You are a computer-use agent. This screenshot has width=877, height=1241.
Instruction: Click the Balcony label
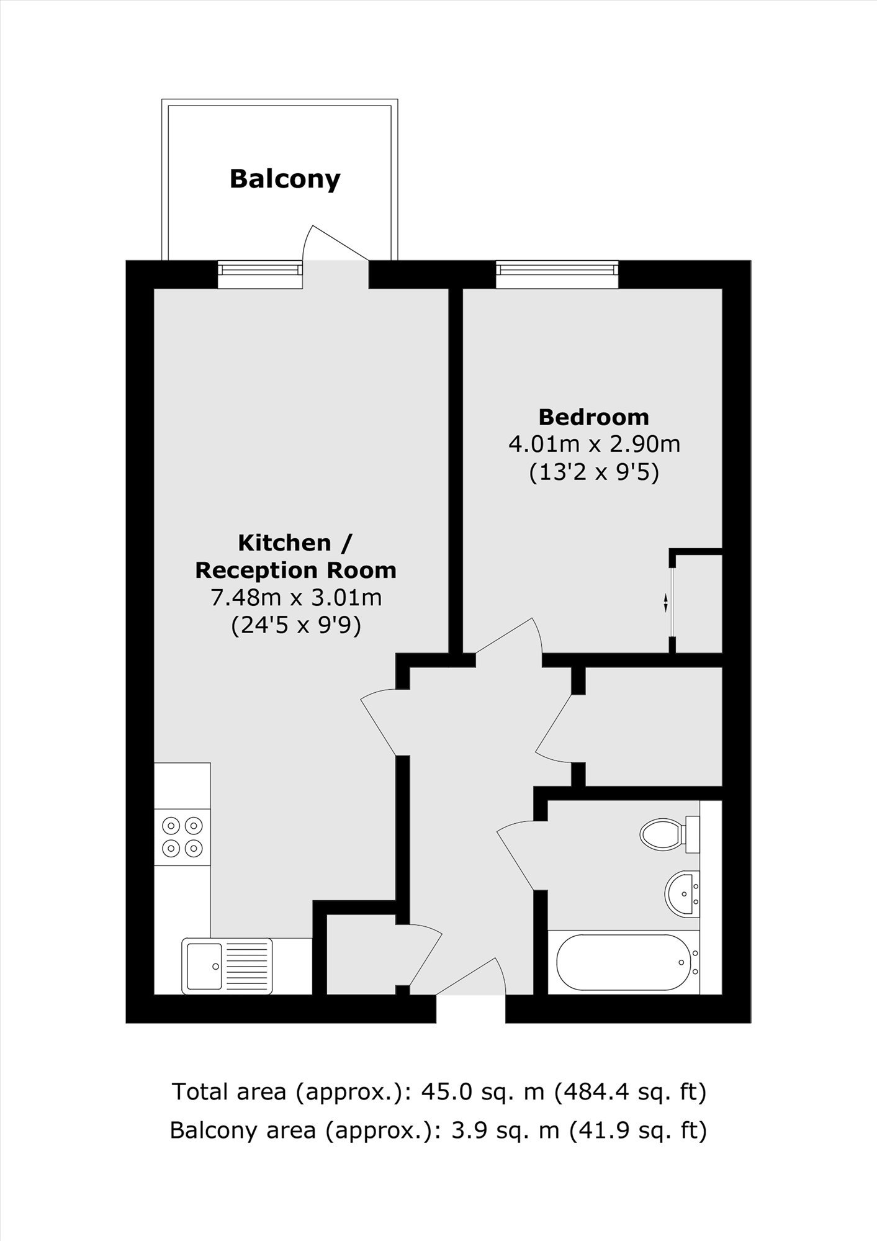[x=285, y=179]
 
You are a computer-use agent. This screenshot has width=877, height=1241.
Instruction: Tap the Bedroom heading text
[x=593, y=417]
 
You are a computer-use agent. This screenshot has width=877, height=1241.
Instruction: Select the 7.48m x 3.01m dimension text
[x=296, y=598]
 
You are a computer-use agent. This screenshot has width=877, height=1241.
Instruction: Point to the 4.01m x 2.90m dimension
[x=594, y=445]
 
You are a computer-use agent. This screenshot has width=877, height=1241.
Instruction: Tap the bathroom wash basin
[x=682, y=893]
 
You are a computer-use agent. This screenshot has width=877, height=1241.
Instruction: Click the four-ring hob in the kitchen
[x=182, y=837]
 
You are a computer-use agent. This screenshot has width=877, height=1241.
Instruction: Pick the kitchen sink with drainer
[x=227, y=966]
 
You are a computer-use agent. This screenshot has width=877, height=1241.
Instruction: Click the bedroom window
[x=557, y=274]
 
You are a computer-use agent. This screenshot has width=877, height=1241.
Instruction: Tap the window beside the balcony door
[x=260, y=274]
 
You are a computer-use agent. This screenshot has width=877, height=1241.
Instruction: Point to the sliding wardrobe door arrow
[x=665, y=602]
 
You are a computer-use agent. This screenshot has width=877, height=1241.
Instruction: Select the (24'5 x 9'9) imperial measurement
[x=296, y=625]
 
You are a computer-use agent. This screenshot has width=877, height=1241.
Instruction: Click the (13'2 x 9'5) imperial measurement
[x=594, y=473]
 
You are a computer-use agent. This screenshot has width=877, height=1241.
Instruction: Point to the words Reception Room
[x=296, y=571]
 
